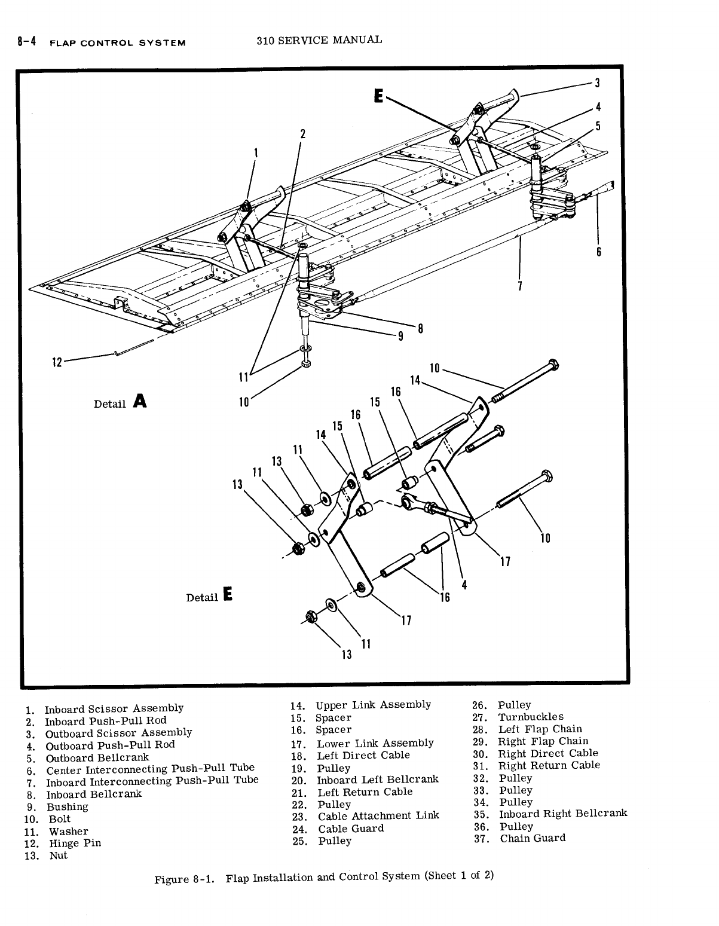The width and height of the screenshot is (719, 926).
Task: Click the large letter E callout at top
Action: tap(378, 96)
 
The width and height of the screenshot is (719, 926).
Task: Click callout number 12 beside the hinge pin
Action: tap(57, 362)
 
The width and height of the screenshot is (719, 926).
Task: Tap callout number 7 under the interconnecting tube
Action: tap(520, 286)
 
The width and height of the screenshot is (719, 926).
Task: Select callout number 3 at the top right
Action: tap(596, 83)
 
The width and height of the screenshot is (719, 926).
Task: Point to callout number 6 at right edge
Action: tap(598, 252)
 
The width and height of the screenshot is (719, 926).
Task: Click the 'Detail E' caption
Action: tap(209, 596)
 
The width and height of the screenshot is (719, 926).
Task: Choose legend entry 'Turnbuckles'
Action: tap(531, 717)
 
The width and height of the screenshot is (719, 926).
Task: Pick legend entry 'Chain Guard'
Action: tap(533, 838)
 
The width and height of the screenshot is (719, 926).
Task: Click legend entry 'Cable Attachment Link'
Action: tap(378, 815)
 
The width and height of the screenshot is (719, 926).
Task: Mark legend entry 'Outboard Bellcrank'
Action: tap(97, 757)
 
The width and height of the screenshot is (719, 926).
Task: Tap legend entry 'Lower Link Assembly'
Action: tap(375, 743)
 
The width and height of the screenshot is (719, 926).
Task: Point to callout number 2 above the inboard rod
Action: tap(303, 133)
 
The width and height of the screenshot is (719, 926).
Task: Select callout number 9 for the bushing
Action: tap(401, 335)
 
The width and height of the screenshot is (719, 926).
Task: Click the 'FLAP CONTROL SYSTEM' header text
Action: tap(117, 43)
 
